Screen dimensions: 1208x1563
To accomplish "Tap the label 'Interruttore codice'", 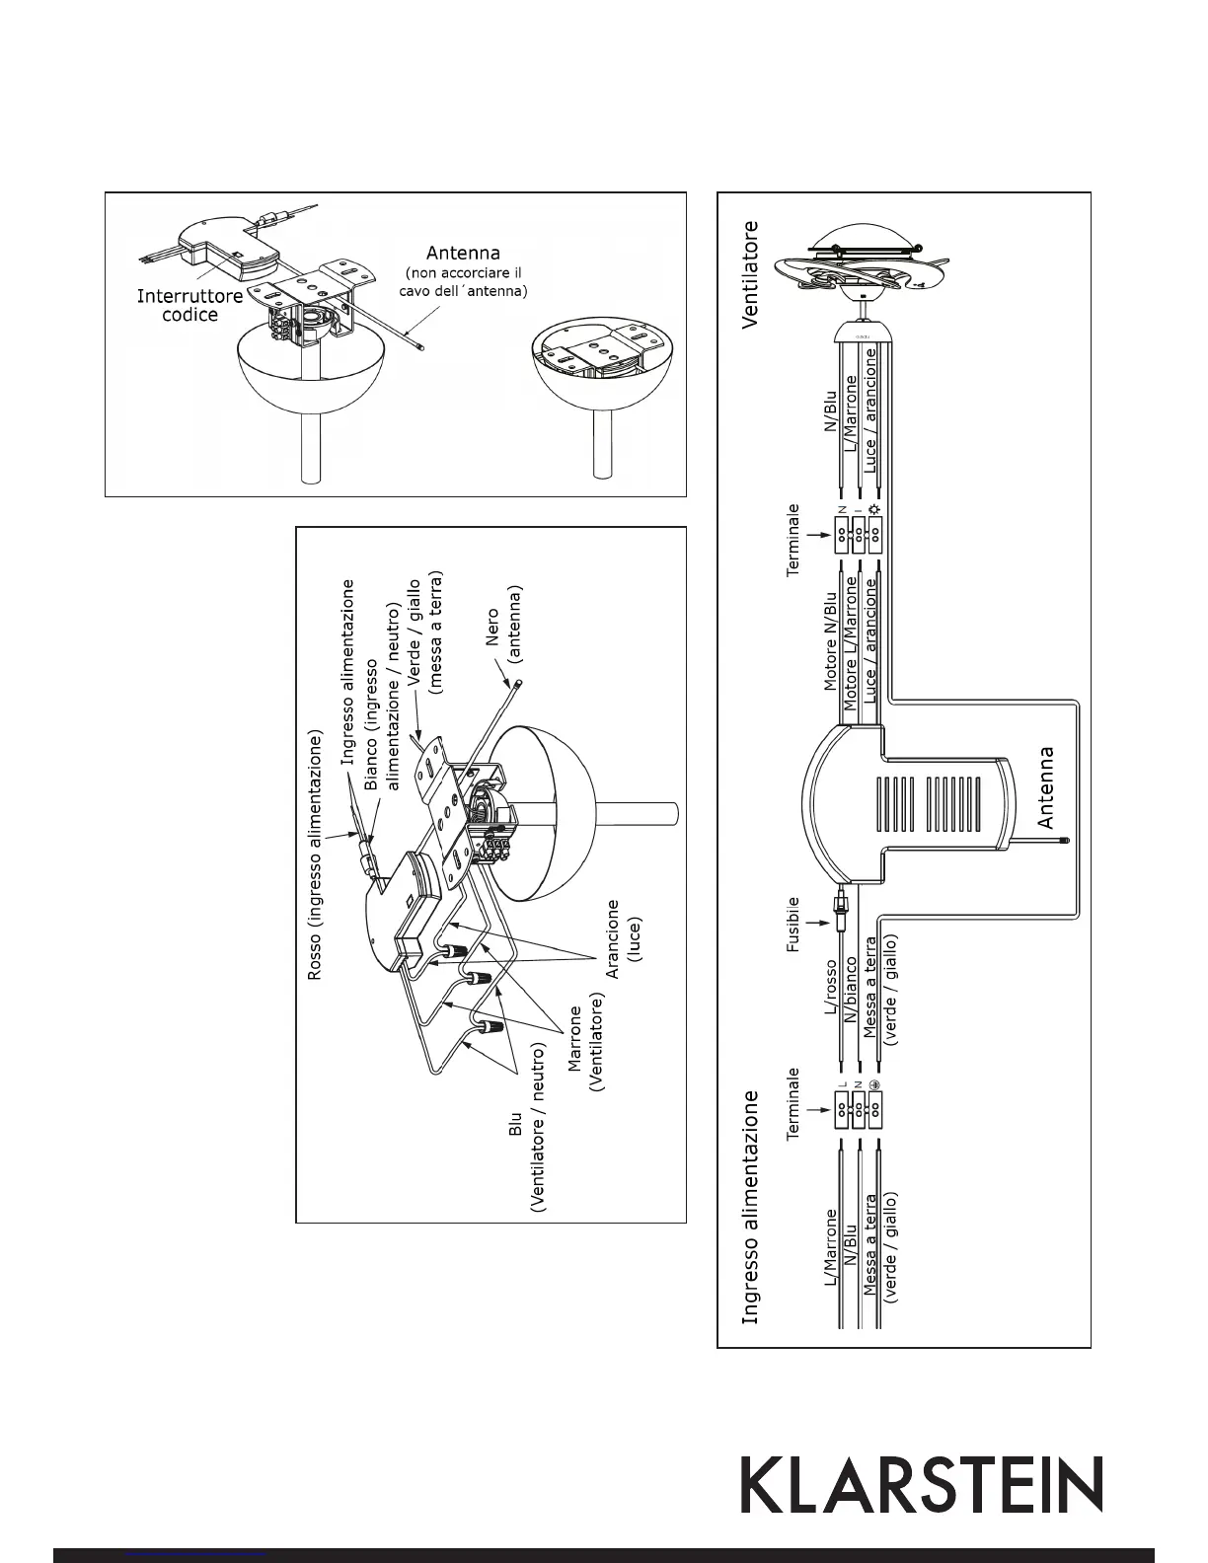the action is point(189,305).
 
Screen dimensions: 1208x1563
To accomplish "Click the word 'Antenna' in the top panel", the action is point(463,253).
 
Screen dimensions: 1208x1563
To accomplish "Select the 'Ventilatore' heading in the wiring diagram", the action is point(751,273).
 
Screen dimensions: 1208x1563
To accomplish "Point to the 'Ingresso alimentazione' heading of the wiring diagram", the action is point(751,1206).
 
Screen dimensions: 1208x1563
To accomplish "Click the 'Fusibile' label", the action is point(793,924).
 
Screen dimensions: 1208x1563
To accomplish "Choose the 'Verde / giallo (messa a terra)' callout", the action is point(425,633).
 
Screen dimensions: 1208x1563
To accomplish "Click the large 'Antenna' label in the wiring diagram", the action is point(1045,786).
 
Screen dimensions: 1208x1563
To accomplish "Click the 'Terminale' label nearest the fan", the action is point(793,542).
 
